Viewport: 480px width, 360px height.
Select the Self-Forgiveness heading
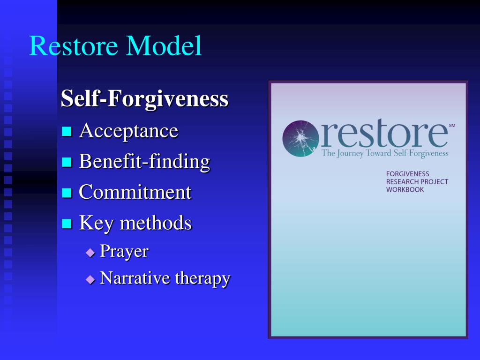point(144,99)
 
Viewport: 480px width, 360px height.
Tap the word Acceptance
point(128,131)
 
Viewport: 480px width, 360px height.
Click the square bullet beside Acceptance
point(67,132)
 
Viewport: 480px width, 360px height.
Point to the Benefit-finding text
point(144,162)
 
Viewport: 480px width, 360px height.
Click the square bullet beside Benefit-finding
point(67,163)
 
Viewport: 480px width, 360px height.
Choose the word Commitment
point(135,192)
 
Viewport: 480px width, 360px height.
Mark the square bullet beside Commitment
point(67,193)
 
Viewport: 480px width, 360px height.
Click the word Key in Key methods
point(96,223)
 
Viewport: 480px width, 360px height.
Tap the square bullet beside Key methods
point(67,224)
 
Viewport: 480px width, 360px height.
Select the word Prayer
point(124,251)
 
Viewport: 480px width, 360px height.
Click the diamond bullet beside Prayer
point(90,252)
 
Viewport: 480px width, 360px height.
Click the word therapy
point(202,279)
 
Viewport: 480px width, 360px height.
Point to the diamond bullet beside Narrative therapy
point(90,279)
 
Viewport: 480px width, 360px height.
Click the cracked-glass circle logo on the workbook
point(300,138)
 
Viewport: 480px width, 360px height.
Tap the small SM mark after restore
point(452,126)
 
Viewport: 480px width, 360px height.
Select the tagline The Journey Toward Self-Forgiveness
point(385,153)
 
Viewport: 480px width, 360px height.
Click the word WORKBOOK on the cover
point(405,190)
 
